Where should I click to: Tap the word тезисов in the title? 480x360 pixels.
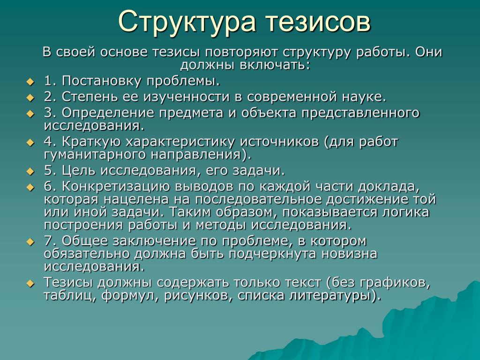tap(318, 22)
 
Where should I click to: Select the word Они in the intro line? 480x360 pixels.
tap(428, 52)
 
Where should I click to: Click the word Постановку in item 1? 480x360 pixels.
tap(102, 81)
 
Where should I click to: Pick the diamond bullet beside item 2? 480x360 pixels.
tap(30, 98)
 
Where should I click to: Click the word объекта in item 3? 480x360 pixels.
tap(269, 112)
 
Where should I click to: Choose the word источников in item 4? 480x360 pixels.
tap(279, 142)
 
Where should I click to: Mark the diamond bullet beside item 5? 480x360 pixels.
tap(30, 172)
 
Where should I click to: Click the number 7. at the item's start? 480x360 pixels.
tap(50, 241)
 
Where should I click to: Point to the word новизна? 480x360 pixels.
tap(349, 254)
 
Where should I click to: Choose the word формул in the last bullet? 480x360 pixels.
tap(131, 296)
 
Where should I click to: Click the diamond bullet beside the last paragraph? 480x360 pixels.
tap(30, 284)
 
